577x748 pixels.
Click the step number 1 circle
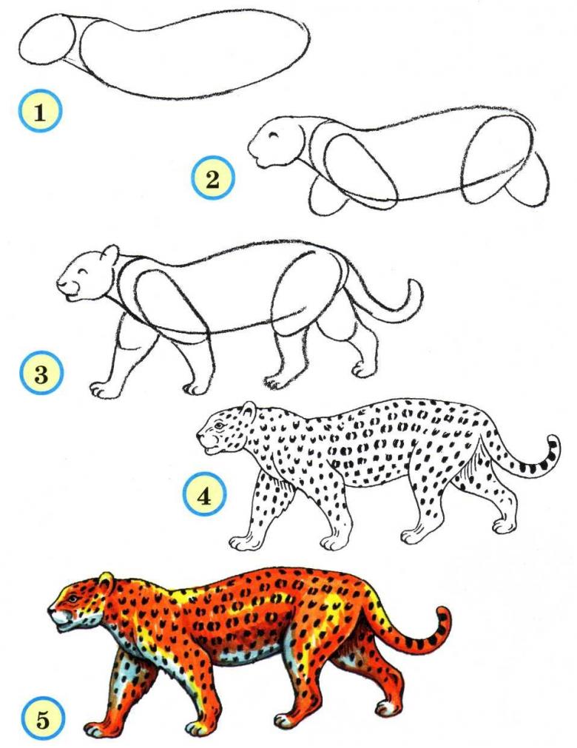[40, 112]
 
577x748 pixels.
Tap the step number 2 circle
[213, 178]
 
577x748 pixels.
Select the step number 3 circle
[41, 373]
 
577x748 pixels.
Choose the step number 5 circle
[42, 719]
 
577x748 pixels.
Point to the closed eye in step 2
[274, 135]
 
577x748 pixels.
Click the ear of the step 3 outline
[111, 255]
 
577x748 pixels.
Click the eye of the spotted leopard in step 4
[219, 425]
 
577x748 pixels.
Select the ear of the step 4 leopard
[249, 411]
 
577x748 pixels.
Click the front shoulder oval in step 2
[361, 170]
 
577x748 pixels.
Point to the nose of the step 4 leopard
[200, 434]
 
